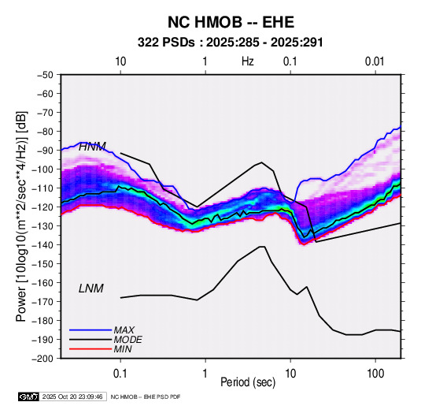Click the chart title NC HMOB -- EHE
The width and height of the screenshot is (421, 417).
point(231,22)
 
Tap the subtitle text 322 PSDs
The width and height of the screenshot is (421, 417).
point(166,43)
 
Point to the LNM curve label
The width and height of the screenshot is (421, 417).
point(91,289)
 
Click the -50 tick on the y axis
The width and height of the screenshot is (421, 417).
point(46,75)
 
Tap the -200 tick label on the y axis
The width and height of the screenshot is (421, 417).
point(42,359)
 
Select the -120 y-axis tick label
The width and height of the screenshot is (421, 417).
point(42,207)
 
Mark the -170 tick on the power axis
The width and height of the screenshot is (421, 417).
point(42,302)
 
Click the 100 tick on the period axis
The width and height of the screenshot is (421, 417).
point(375,374)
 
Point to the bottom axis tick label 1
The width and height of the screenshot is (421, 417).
point(205,374)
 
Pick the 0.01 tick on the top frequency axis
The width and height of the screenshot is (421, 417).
point(375,61)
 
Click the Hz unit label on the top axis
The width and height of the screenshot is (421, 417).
point(248,61)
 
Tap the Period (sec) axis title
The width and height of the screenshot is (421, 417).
point(248,382)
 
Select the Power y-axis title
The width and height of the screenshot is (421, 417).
point(21,216)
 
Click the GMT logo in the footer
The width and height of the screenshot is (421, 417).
point(29,397)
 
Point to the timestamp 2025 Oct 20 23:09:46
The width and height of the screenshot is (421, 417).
point(72,397)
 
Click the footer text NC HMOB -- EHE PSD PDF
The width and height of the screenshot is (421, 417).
point(146,397)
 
